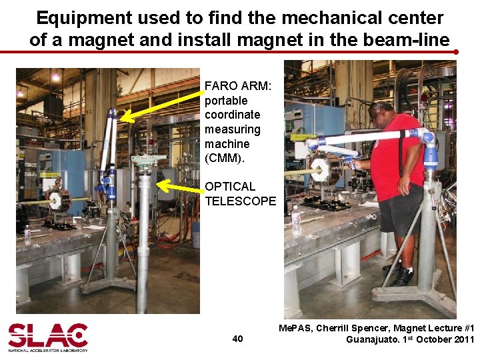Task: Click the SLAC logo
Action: [47, 337]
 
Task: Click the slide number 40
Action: [237, 339]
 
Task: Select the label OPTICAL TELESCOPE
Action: [240, 193]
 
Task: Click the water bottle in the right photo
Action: [296, 220]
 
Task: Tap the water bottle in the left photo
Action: [27, 235]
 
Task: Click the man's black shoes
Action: [400, 275]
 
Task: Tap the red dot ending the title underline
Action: [455, 51]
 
